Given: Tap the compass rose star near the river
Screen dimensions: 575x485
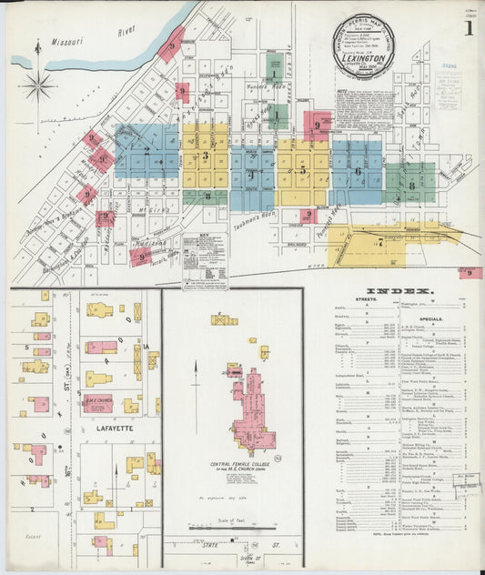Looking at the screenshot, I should (38, 86).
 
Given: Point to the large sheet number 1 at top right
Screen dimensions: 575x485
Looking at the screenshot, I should (469, 27).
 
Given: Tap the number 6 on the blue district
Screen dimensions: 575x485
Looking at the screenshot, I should (358, 171).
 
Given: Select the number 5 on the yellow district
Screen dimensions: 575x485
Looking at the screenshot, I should (303, 169).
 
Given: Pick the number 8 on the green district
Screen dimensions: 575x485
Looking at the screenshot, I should (411, 186).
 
